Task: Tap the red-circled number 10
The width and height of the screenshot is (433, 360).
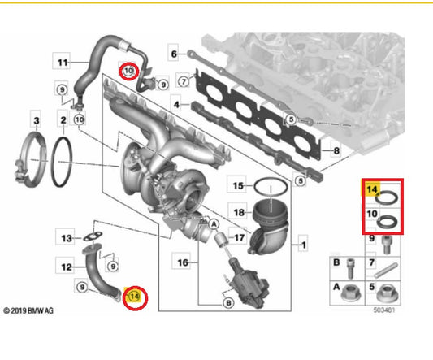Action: coord(127,72)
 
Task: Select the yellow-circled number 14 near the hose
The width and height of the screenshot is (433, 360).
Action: coord(135,297)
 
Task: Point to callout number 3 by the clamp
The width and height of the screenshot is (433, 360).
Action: coord(34,123)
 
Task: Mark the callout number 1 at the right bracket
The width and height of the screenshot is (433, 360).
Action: coord(304,243)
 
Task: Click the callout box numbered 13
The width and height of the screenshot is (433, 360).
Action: coord(67,237)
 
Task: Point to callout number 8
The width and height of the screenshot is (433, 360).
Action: coord(327,151)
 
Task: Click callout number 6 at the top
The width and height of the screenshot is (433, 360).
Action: coord(174,54)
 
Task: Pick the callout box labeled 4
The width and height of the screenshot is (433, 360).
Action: coord(177,105)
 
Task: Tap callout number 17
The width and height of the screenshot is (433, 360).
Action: coord(239,238)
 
